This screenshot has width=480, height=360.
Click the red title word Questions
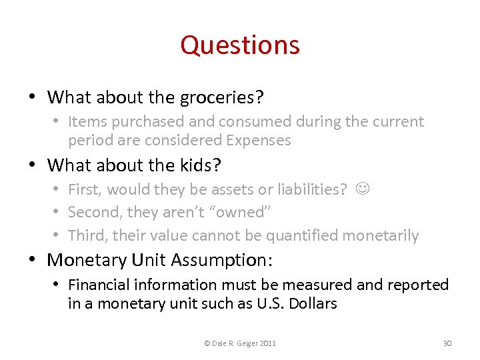pos(240,45)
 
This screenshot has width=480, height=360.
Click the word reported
pos(417,285)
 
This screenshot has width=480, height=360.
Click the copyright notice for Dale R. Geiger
pos(240,343)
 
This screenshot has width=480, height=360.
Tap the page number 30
pos(447,343)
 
